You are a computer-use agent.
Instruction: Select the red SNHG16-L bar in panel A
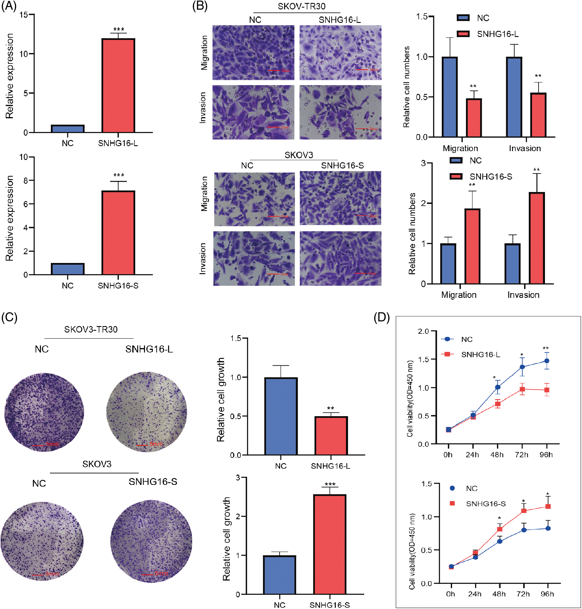click(118, 85)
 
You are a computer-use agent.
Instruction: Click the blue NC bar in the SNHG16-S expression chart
click(68, 269)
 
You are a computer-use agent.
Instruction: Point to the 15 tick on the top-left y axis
click(24, 15)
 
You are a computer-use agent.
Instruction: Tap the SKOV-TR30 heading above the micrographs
click(301, 6)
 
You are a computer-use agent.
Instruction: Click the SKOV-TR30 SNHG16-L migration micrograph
click(340, 52)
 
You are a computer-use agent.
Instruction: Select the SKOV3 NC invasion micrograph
click(254, 258)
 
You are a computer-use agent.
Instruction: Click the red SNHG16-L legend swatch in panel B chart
click(463, 34)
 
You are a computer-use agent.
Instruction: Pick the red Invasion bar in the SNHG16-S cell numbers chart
click(536, 238)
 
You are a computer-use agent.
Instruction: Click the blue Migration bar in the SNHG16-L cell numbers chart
click(449, 97)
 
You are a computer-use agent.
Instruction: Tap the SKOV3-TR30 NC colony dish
click(44, 412)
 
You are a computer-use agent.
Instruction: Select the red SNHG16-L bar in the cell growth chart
click(331, 436)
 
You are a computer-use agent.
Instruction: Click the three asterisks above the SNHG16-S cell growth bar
click(330, 484)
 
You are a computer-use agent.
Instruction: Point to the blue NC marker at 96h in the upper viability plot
click(547, 361)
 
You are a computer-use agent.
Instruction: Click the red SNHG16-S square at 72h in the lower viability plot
click(524, 510)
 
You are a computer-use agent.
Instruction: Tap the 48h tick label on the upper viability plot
click(497, 455)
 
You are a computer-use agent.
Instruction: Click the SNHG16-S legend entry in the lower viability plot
click(486, 504)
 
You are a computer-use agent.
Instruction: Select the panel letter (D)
click(382, 318)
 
